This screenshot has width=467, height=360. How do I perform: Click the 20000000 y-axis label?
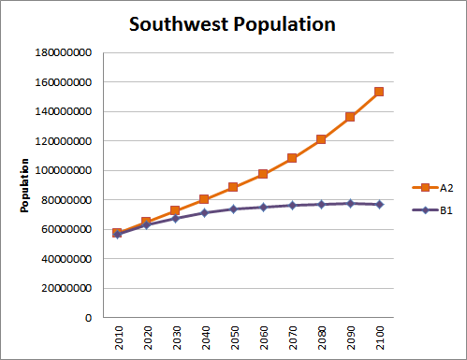[x=63, y=289]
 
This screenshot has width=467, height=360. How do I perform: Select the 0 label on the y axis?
[x=88, y=318]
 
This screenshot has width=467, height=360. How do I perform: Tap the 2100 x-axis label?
[x=378, y=338]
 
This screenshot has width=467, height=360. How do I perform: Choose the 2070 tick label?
[x=292, y=338]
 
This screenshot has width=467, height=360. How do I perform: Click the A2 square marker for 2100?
[x=378, y=92]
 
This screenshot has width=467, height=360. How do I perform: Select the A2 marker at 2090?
[x=349, y=117]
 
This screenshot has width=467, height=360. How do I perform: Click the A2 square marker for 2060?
[x=263, y=174]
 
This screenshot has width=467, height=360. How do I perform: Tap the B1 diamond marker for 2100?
[x=378, y=204]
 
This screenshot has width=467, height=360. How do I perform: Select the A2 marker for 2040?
[x=205, y=199]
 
